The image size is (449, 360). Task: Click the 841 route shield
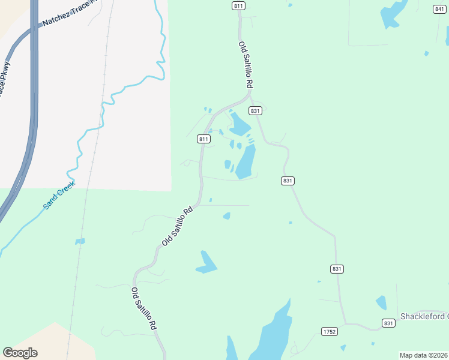(x=440, y=8)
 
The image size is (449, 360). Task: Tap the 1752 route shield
(x=329, y=331)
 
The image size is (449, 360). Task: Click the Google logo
(x=20, y=352)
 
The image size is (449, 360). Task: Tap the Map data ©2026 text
(x=423, y=355)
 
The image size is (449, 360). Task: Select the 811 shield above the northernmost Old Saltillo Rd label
(x=238, y=6)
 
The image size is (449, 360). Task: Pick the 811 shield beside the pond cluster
(x=203, y=139)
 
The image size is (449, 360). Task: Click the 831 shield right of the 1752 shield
(x=388, y=323)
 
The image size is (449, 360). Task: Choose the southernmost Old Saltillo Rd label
(x=144, y=308)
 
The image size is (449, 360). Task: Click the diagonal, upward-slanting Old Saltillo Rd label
(x=178, y=226)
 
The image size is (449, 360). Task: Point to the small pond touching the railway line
(x=80, y=241)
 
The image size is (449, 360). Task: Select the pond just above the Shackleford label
(x=381, y=302)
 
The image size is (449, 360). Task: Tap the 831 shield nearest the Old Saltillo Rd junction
(x=256, y=111)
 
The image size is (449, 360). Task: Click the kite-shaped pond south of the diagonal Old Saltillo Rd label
(x=206, y=262)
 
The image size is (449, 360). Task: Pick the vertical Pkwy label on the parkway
(x=5, y=78)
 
